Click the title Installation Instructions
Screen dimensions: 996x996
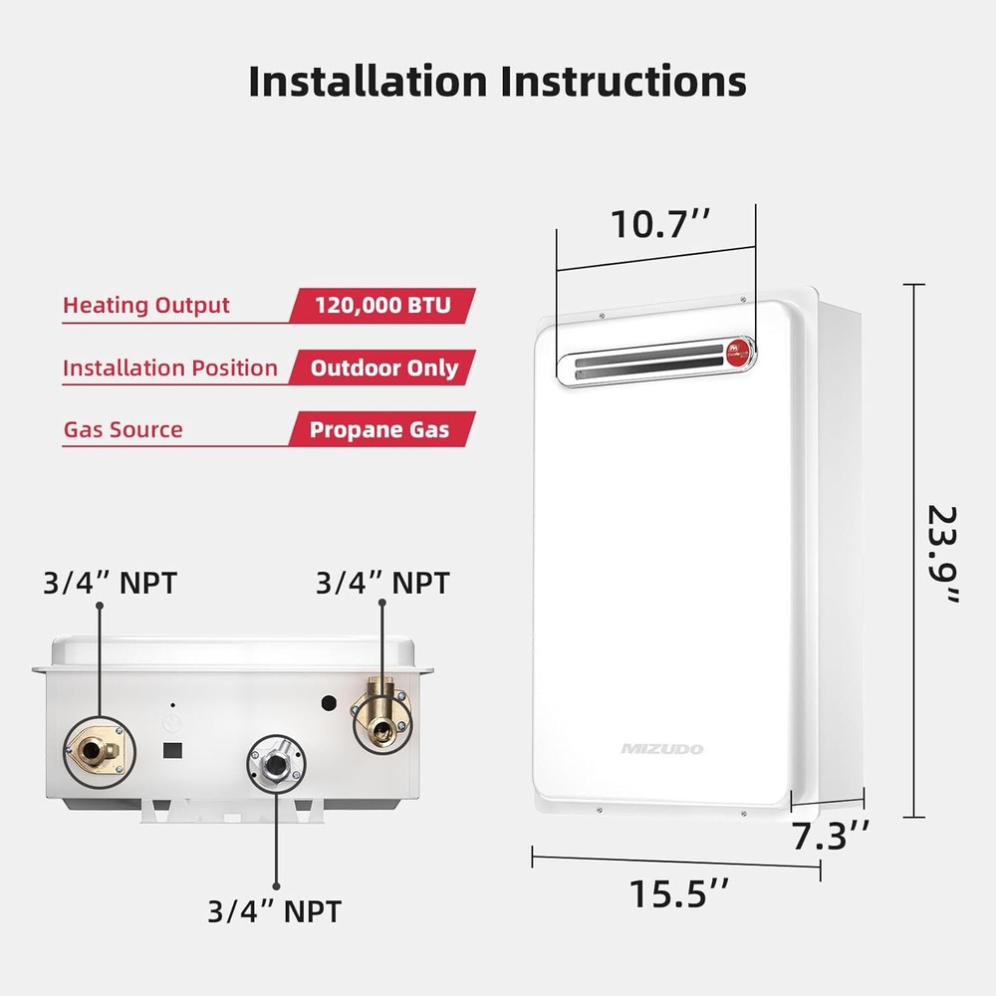coord(497,81)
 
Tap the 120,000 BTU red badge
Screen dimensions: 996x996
coord(382,305)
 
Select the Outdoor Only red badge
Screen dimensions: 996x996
coord(383,368)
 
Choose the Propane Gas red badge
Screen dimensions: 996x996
coord(379,430)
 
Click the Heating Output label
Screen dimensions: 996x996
coord(146,306)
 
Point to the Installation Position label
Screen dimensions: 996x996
coord(170,369)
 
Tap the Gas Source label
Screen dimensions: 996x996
coord(124,430)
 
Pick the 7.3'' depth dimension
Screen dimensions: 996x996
coord(832,837)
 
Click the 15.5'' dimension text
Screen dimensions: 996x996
coord(679,892)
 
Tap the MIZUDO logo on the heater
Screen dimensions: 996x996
coord(661,748)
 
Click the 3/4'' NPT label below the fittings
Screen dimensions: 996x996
coord(274,910)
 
